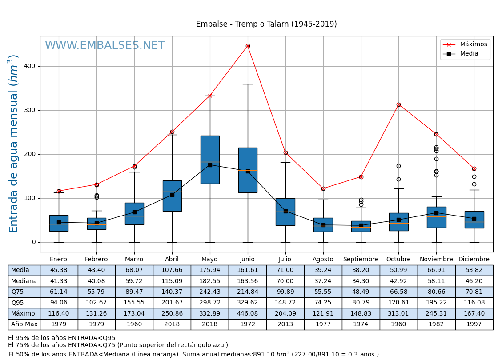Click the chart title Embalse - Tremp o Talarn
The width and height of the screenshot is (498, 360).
point(266,24)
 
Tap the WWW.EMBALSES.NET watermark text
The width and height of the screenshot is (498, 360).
point(105,46)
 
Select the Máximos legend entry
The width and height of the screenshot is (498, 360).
point(473,44)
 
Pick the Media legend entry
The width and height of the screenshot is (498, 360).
point(469,54)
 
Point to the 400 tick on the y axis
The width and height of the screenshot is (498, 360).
point(30,66)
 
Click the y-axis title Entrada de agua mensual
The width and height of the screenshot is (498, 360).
point(14,144)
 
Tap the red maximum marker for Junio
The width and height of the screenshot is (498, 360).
point(248,46)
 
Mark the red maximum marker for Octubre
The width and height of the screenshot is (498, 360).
point(398,104)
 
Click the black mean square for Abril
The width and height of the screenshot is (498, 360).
point(172,195)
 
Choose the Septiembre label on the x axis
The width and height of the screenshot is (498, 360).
point(361,260)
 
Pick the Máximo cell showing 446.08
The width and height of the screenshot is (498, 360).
point(247,313)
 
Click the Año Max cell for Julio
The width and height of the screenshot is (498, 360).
point(285,324)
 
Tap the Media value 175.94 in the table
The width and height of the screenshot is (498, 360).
point(209,270)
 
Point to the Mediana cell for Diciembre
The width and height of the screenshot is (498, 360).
point(474,281)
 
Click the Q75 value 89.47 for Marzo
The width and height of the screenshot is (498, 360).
point(134,292)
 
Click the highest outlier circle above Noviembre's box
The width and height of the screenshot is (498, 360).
point(436,147)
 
